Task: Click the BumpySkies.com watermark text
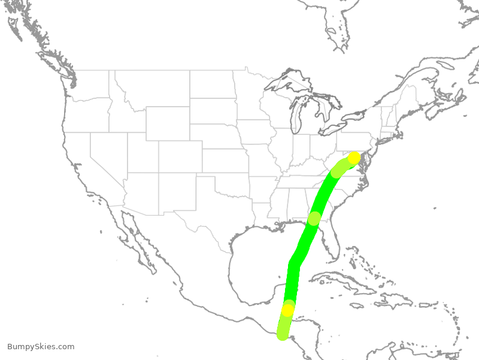[x=41, y=347]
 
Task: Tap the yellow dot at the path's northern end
[x=354, y=158]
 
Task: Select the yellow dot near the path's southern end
[x=288, y=310]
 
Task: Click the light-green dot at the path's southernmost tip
[x=283, y=334]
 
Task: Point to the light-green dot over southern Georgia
[x=314, y=219]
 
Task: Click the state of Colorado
[x=180, y=156]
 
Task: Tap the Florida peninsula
[x=331, y=245]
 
